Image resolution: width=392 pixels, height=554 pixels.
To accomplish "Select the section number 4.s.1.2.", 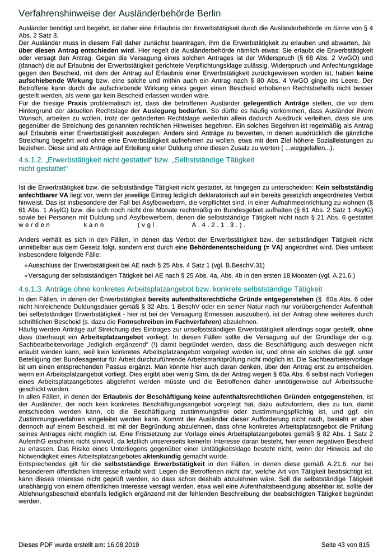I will click(35, 161).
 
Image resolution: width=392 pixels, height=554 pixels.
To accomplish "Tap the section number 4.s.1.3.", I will click(35, 289).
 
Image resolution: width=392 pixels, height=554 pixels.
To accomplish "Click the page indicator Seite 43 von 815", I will click(346, 544).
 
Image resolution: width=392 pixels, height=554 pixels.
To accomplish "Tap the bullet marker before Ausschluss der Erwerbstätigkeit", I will click(25, 266).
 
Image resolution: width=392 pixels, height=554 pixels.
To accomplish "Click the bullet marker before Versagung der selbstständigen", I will click(25, 276).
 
